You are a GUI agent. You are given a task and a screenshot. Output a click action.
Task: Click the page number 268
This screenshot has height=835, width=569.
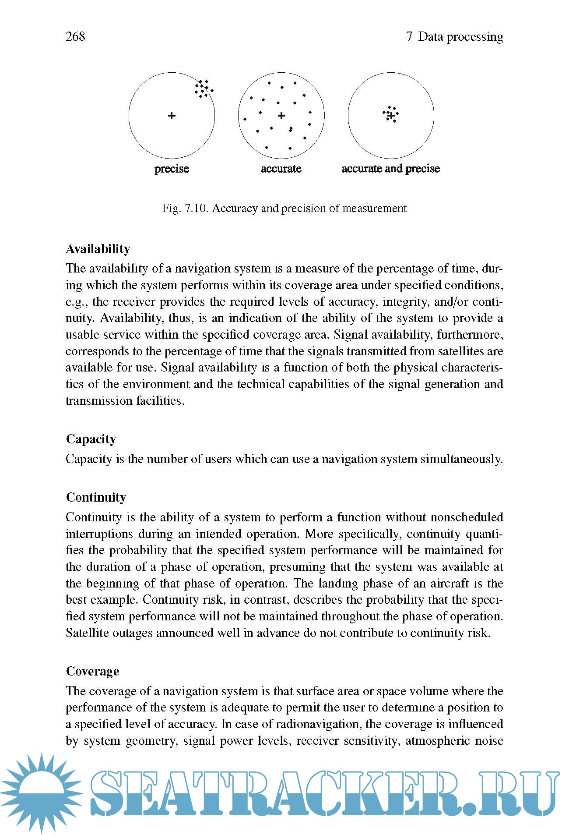75,36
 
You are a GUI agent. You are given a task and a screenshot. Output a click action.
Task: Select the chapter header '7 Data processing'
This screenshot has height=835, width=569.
454,36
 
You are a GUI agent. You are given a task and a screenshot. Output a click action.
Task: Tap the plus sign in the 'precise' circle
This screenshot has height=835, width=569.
172,116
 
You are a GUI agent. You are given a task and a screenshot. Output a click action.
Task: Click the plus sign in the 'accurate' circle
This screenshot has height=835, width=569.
281,116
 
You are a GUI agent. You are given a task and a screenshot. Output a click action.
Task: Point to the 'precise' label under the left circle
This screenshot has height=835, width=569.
172,169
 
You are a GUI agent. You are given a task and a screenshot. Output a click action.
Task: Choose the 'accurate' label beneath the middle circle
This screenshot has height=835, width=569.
281,169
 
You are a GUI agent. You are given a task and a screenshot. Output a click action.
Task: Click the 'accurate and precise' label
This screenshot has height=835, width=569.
390,169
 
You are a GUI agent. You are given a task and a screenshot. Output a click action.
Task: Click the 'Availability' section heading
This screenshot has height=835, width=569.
98,249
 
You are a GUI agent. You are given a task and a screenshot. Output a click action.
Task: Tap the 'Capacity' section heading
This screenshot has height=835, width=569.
91,439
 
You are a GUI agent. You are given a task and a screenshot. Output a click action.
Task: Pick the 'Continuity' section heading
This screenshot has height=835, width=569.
96,497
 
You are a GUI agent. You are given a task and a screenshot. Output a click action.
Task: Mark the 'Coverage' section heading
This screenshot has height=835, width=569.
92,671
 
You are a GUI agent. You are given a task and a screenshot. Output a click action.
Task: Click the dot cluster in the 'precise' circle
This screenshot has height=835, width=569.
204,88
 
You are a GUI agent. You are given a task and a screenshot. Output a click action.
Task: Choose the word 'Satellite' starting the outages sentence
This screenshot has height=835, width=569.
87,633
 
